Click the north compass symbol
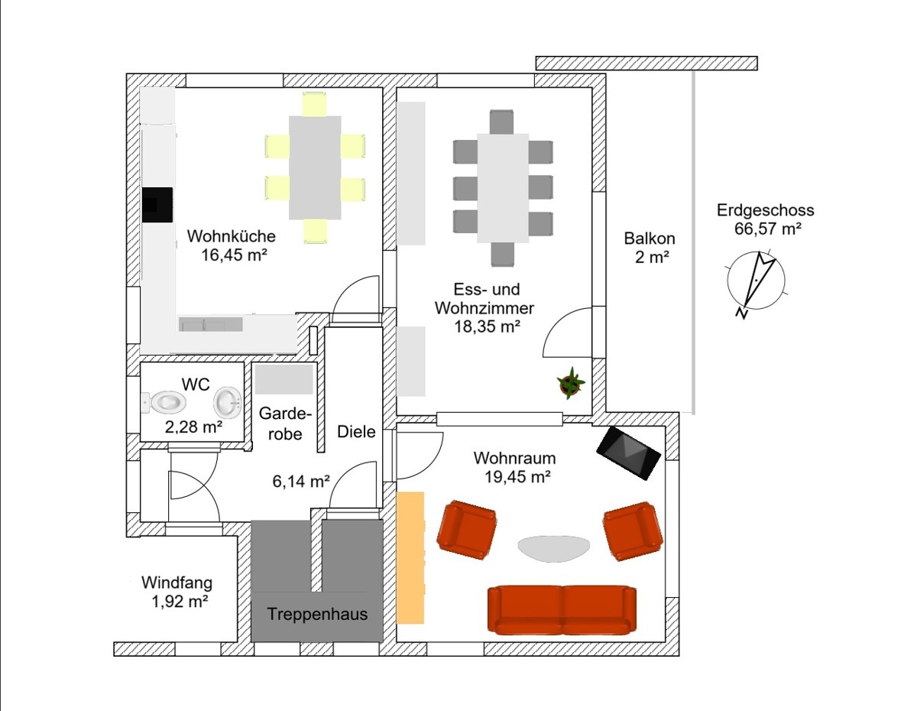click(756, 282)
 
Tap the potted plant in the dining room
click(571, 383)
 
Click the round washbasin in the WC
click(228, 402)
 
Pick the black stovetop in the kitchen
click(157, 205)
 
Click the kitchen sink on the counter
click(211, 324)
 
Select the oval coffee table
click(554, 548)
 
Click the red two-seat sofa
click(562, 609)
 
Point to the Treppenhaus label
click(317, 614)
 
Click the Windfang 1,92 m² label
click(177, 592)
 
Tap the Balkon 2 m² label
click(650, 248)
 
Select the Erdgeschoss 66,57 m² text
click(766, 219)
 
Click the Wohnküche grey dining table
click(315, 167)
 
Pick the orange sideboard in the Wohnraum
click(410, 557)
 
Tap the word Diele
click(356, 431)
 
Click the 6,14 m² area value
click(301, 482)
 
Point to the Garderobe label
click(285, 423)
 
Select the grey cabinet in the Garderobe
click(284, 379)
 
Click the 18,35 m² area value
click(487, 326)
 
